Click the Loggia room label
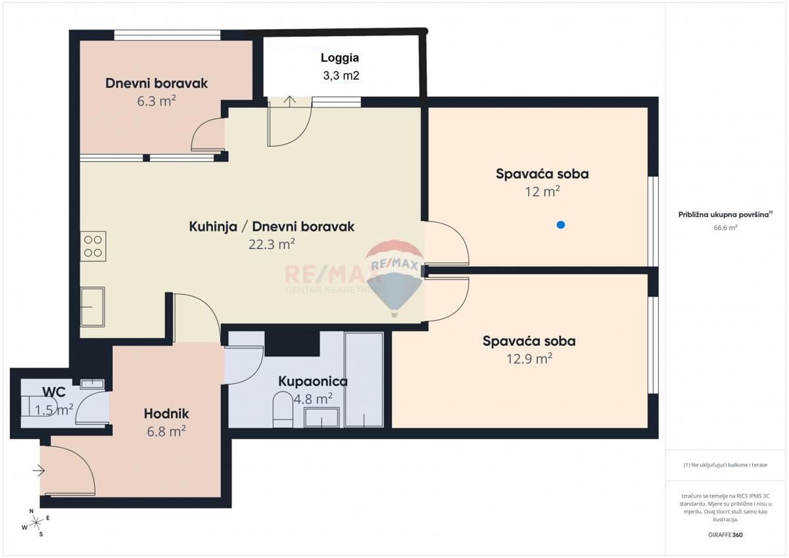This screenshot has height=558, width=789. (x=340, y=58)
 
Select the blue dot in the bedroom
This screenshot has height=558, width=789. (x=560, y=225)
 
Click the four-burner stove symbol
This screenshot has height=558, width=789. (x=93, y=246)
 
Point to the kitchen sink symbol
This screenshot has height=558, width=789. (x=93, y=306)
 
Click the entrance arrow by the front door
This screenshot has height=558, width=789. (x=39, y=470)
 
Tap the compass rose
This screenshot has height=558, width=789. (x=36, y=523)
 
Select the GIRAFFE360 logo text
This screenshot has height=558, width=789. (x=725, y=535)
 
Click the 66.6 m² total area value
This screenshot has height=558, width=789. (x=725, y=227)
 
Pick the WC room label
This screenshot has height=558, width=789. (x=53, y=392)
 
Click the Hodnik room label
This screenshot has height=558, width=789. (x=166, y=413)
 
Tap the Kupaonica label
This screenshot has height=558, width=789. (x=313, y=381)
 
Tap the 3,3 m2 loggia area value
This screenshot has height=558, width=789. (x=341, y=76)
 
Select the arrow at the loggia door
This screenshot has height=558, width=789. (x=290, y=101)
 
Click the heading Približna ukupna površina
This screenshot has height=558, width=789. (x=725, y=214)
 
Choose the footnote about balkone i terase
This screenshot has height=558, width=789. (x=725, y=465)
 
